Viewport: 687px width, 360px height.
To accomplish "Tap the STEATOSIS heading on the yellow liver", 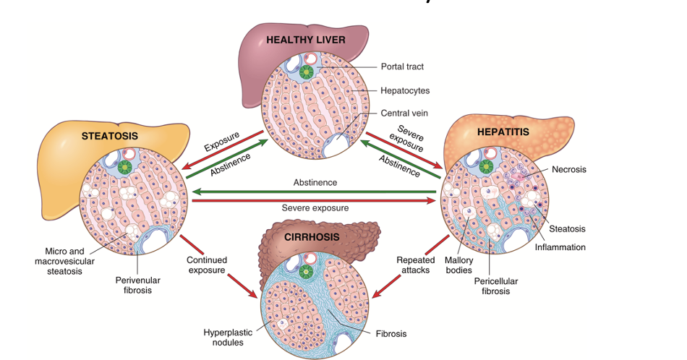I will [x=109, y=135].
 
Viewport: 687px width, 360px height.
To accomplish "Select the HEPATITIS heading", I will [x=503, y=132].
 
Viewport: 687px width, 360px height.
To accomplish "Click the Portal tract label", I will [x=402, y=67].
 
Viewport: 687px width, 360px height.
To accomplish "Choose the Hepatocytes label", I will [x=405, y=91].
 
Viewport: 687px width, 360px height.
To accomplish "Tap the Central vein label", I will [x=404, y=113].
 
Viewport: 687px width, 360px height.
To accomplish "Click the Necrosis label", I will [x=568, y=169].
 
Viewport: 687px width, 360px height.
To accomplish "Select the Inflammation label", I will [x=560, y=247].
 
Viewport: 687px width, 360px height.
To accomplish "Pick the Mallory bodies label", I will [x=458, y=265].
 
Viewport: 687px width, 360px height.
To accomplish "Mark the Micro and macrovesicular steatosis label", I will [x=59, y=261].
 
